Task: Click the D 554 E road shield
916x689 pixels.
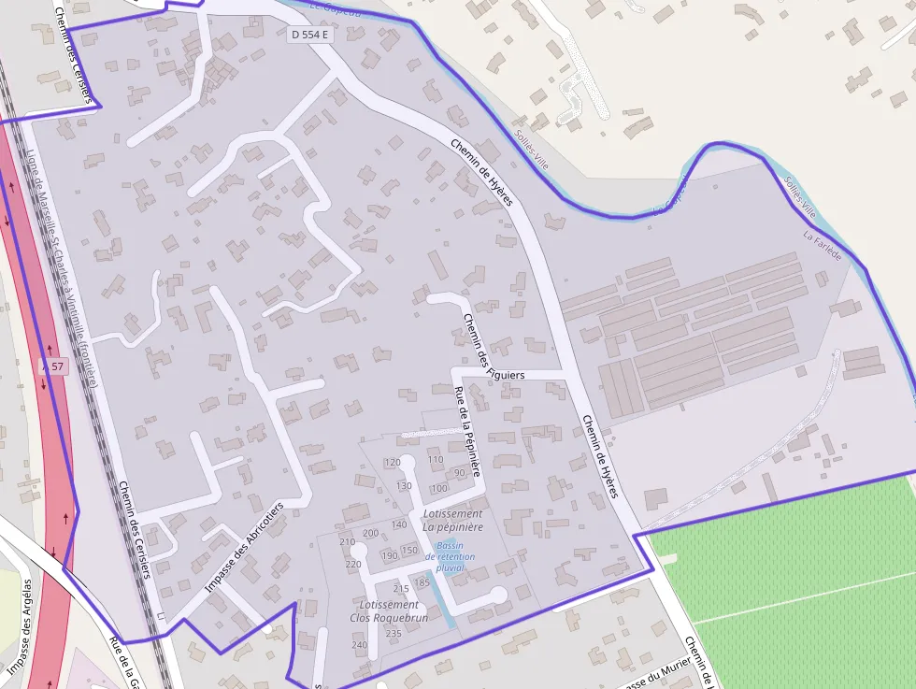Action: [x=311, y=35]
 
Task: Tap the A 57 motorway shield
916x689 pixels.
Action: [x=53, y=366]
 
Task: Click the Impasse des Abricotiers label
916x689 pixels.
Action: [x=243, y=548]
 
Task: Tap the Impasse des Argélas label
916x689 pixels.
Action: [x=21, y=626]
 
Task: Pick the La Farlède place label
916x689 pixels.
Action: [x=823, y=246]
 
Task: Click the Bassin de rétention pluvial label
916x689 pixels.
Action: [x=450, y=556]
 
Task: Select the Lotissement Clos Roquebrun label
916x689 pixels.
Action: [x=389, y=611]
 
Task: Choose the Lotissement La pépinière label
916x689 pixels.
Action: [x=453, y=521]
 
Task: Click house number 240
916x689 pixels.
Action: [x=360, y=645]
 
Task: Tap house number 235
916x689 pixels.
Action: [x=394, y=634]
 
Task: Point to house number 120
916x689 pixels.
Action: [x=393, y=463]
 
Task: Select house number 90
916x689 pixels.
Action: [x=460, y=473]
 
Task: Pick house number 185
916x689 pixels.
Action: [x=422, y=582]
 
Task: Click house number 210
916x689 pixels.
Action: [x=347, y=542]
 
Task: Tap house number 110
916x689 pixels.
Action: [x=436, y=460]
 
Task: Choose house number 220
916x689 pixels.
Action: [x=353, y=565]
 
